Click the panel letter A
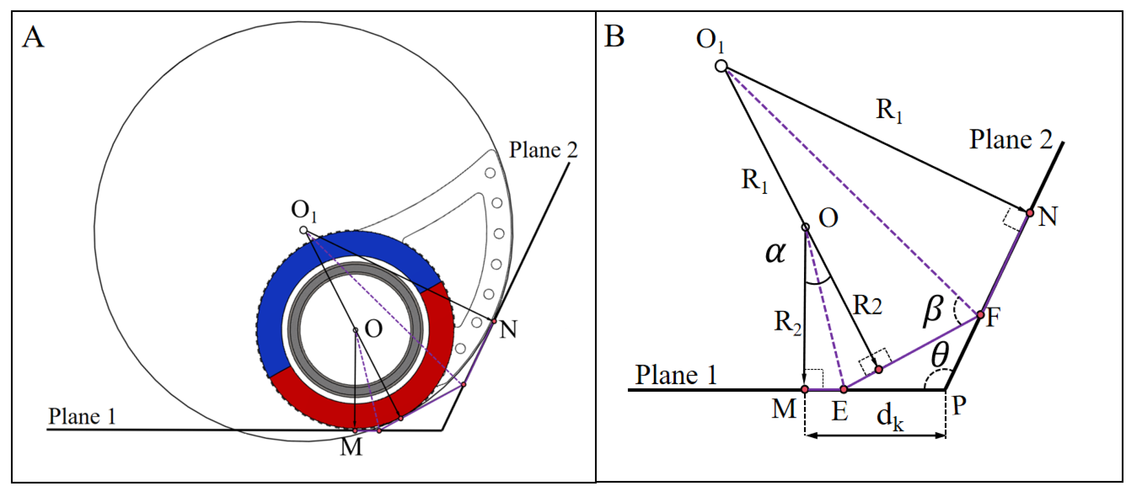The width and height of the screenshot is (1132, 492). [33, 37]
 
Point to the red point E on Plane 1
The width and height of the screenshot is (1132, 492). [843, 389]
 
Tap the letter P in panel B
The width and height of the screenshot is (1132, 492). [959, 406]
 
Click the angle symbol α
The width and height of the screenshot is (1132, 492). [775, 253]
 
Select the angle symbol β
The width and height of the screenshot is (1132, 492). [933, 311]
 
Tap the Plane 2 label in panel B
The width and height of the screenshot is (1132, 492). [1011, 140]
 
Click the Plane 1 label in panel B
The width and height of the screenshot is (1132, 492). [676, 375]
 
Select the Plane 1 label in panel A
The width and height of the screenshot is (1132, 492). [82, 416]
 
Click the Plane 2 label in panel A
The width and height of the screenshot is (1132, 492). [543, 150]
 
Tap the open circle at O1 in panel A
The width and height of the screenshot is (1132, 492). [303, 230]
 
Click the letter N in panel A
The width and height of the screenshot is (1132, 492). [509, 329]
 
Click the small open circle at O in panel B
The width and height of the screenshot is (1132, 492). [805, 227]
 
